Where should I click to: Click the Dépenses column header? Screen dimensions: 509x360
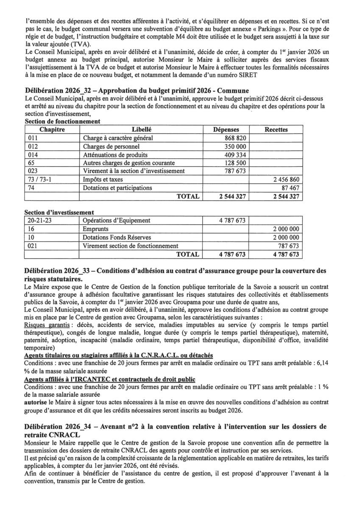[226, 130]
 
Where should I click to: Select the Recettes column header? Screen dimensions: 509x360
[276, 130]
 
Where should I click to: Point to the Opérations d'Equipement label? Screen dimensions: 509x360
[117, 221]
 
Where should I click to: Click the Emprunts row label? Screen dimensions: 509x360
[97, 229]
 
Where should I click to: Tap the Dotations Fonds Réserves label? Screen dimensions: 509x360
[117, 238]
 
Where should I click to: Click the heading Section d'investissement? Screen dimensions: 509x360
[59, 212]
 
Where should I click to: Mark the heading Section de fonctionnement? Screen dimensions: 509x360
[62, 121]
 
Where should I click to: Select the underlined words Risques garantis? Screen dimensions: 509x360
[47, 324]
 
